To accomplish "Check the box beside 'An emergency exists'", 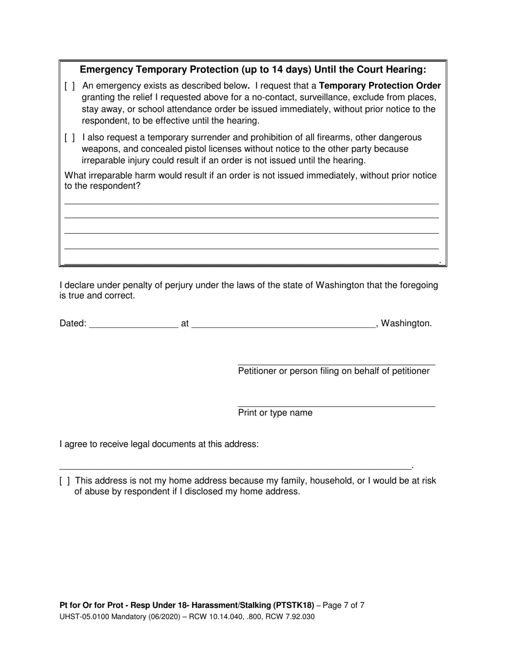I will [x=69, y=86].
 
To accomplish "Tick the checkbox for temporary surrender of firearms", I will [x=69, y=138].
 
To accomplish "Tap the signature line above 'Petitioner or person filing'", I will [x=336, y=364].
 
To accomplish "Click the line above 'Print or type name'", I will [x=336, y=406].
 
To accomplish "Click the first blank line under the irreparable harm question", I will [x=251, y=203].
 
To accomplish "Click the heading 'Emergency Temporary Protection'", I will [x=253, y=70].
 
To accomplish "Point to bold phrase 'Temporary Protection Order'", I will [x=380, y=86].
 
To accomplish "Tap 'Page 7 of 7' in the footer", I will [x=341, y=605].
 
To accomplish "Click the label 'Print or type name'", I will [x=275, y=413].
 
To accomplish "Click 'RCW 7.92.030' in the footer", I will [x=293, y=617].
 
